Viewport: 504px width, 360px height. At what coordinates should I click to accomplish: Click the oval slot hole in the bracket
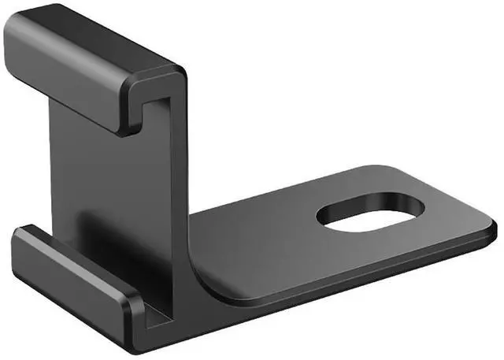tap(370, 215)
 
